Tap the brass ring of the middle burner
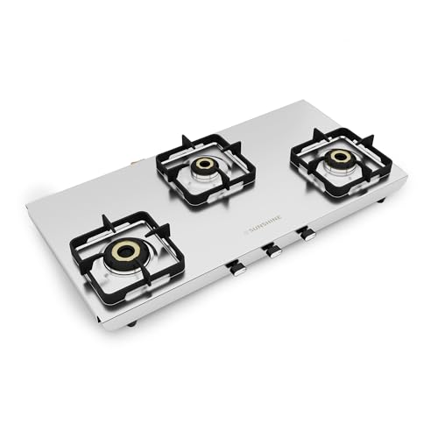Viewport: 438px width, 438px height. pyautogui.click(x=205, y=165)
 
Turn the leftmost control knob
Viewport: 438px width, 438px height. pyautogui.click(x=236, y=268)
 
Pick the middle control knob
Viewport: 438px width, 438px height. pyautogui.click(x=273, y=251)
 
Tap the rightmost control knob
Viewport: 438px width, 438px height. pyautogui.click(x=307, y=234)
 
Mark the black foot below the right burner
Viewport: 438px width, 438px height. pyautogui.click(x=382, y=202)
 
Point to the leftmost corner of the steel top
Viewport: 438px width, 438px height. pyautogui.click(x=27, y=203)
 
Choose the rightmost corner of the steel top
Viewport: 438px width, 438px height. pyautogui.click(x=407, y=175)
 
